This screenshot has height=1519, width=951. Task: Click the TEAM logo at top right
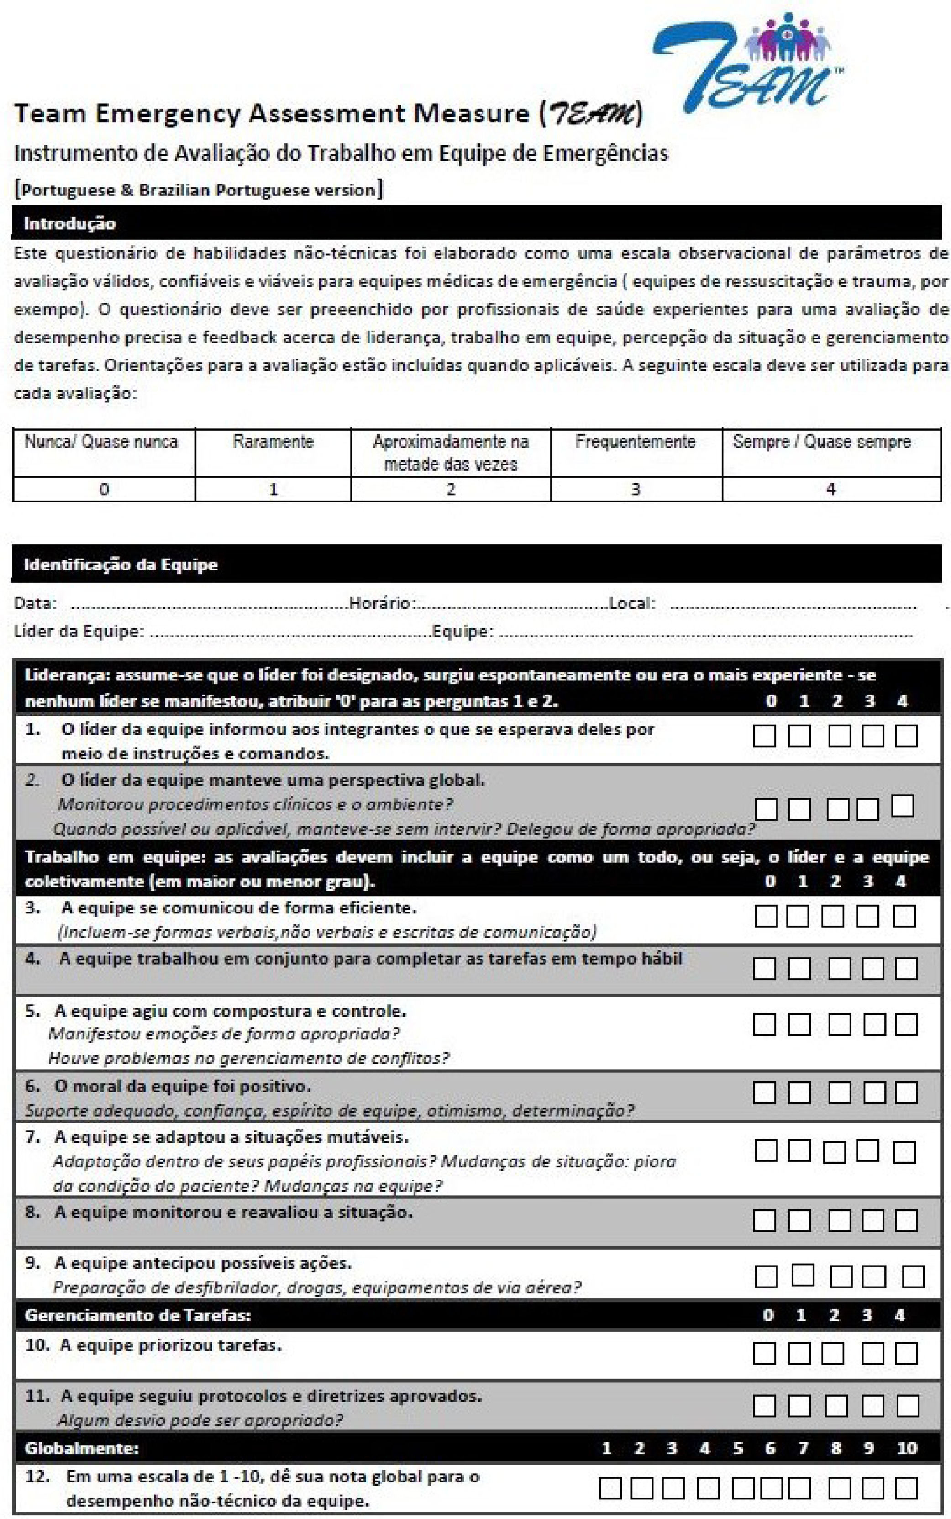748,63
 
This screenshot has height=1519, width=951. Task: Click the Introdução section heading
69,223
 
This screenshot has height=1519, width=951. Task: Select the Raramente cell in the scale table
273,442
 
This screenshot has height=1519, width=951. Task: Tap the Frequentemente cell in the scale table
635,442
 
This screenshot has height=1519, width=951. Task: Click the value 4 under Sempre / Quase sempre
831,489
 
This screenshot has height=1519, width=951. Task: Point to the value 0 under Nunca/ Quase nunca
104,489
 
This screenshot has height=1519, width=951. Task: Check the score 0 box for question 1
764,736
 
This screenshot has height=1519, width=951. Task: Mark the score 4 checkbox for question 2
903,806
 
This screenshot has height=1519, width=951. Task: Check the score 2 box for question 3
832,917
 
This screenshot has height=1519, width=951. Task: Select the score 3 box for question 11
872,1406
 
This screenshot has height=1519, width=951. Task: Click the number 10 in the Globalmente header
906,1448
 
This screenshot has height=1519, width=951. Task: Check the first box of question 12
609,1488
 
